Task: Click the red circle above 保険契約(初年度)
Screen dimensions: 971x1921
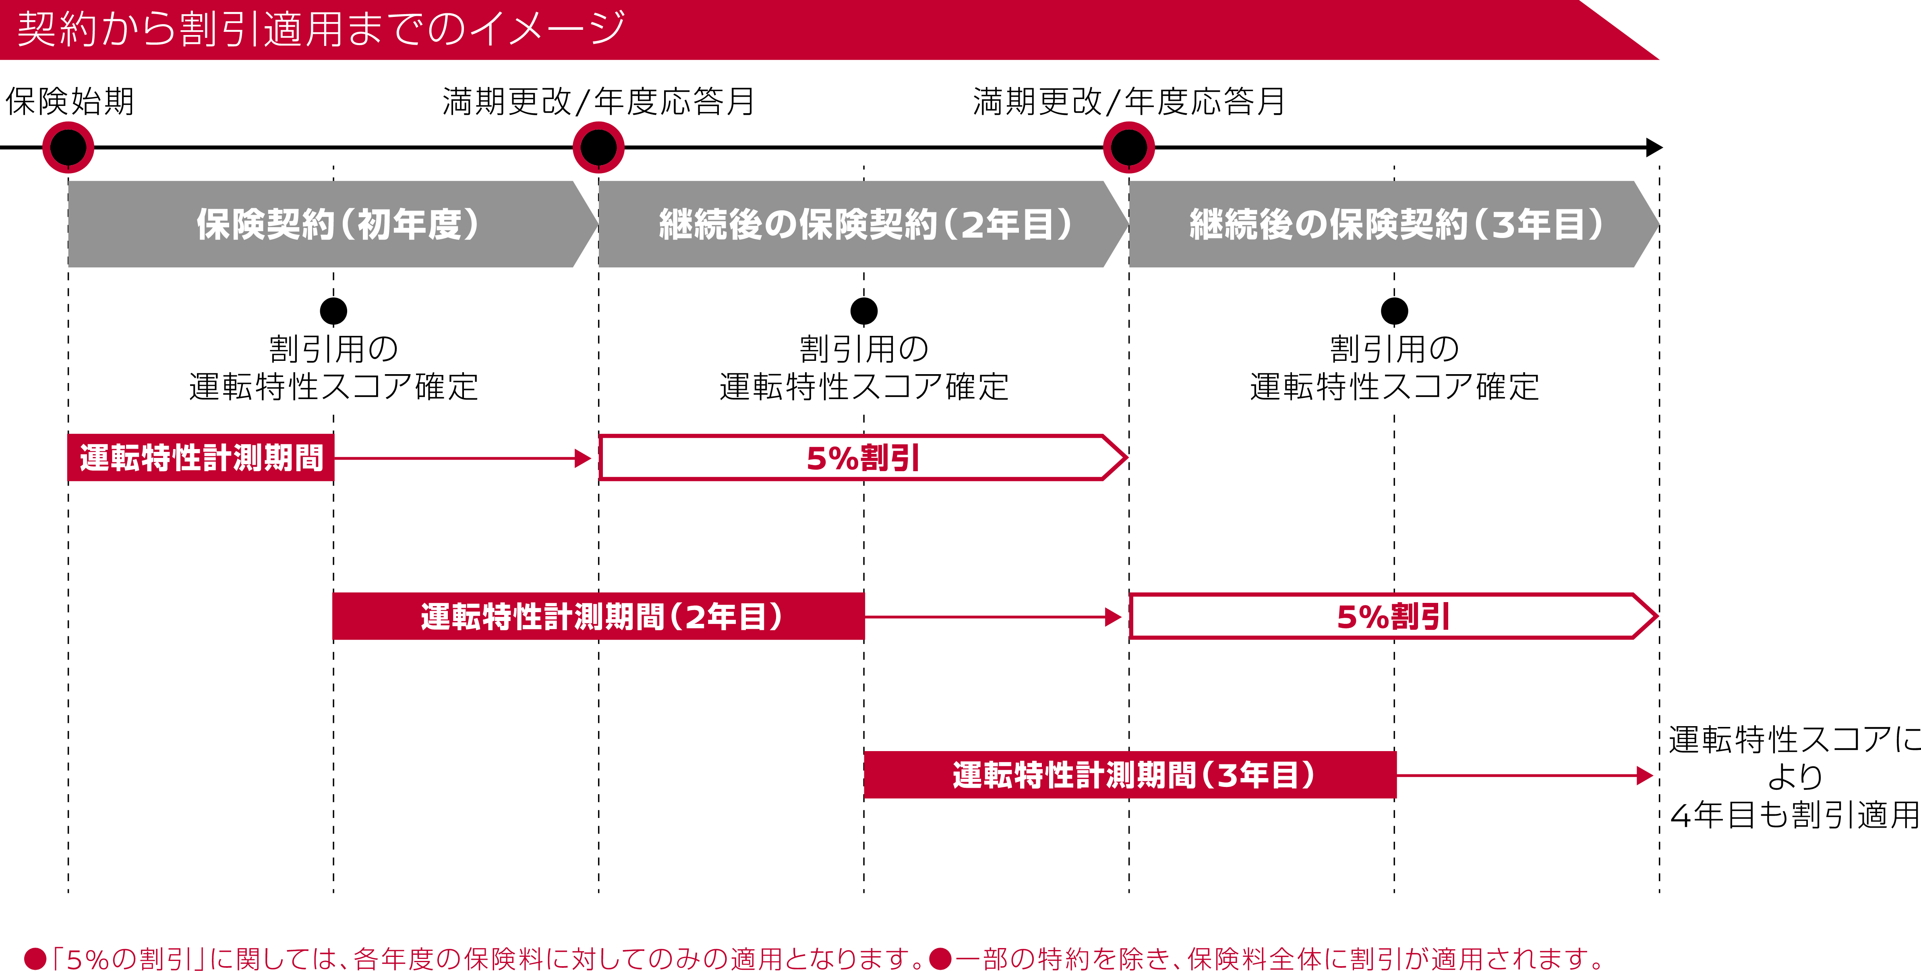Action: click(x=68, y=147)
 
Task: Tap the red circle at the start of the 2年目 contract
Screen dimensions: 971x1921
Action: click(x=598, y=147)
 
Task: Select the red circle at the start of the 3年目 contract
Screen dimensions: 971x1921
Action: click(x=1128, y=147)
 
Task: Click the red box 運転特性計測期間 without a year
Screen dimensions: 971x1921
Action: click(x=201, y=458)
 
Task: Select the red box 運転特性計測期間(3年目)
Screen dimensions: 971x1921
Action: click(x=1130, y=775)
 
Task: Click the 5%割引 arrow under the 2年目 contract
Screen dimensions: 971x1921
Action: click(x=863, y=458)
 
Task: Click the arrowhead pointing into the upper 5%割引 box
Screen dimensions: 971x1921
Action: click(x=583, y=458)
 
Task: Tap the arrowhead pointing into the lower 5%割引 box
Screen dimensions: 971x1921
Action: click(x=1114, y=617)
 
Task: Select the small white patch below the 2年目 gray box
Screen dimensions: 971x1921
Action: click(x=864, y=371)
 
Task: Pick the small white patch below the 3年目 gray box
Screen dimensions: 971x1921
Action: click(x=1395, y=371)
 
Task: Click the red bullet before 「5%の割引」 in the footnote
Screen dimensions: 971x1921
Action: click(x=35, y=959)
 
